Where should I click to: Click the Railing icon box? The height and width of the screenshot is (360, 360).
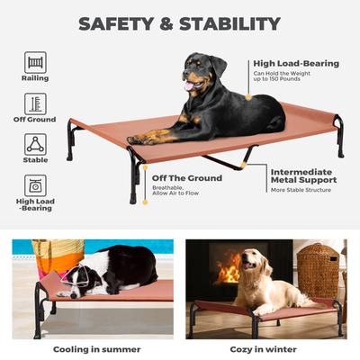point(35,62)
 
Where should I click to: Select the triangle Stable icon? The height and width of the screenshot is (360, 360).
point(35,144)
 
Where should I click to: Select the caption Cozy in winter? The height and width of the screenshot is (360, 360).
point(265,349)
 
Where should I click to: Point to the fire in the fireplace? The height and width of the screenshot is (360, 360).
point(230,268)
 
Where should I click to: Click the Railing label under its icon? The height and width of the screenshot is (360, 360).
point(35,78)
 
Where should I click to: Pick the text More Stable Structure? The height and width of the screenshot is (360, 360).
point(301,191)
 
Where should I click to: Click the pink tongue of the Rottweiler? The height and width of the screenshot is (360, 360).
point(188,86)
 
